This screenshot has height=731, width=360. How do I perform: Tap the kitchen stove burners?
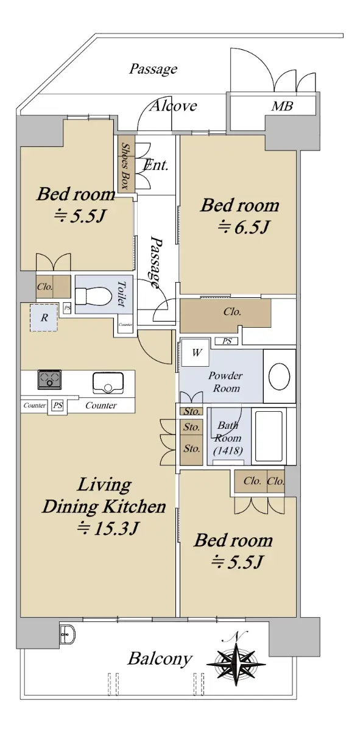(x=49, y=380)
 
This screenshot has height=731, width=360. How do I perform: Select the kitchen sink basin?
(x=108, y=383)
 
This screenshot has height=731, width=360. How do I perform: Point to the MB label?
(x=282, y=106)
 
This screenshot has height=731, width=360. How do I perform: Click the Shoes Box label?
(x=124, y=166)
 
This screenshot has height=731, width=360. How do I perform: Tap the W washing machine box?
(x=196, y=353)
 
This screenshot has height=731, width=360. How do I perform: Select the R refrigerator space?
(x=44, y=317)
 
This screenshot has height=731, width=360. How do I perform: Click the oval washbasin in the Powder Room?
(x=279, y=376)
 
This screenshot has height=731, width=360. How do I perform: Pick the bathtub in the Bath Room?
(x=269, y=436)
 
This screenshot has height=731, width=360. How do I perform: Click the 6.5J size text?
(x=244, y=227)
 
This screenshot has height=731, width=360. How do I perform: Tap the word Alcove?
(x=174, y=106)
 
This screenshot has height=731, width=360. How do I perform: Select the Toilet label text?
(x=121, y=294)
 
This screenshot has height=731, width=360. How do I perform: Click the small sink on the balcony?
(x=68, y=634)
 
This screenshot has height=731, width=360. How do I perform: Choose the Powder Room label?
(x=225, y=382)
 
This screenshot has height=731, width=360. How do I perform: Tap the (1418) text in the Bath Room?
(x=228, y=451)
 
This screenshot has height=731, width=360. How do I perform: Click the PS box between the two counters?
(x=58, y=405)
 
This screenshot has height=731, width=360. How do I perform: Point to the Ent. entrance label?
(x=156, y=166)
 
